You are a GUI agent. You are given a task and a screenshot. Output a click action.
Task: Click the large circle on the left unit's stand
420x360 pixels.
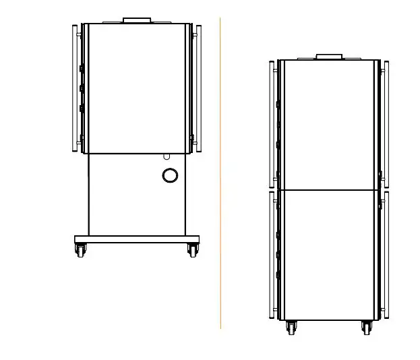pyautogui.click(x=171, y=175)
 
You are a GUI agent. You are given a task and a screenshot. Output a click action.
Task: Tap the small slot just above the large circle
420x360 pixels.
pyautogui.click(x=167, y=156)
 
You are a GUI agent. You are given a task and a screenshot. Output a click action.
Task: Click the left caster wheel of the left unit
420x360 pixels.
pyautogui.click(x=81, y=250)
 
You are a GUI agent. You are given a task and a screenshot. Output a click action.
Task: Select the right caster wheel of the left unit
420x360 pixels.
pyautogui.click(x=193, y=250)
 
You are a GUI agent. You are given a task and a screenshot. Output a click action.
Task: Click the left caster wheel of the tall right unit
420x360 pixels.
pyautogui.click(x=292, y=328)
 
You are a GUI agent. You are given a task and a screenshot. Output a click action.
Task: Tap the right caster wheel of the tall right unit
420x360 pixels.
pyautogui.click(x=367, y=328)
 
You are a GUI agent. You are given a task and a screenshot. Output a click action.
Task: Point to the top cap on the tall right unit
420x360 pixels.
pyautogui.click(x=330, y=56)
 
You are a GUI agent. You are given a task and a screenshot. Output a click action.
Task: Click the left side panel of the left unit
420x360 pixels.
pyautogui.click(x=75, y=88)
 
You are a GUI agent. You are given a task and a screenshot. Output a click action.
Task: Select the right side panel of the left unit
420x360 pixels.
pyautogui.click(x=198, y=88)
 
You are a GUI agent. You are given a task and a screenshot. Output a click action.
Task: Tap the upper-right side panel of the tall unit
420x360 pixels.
pyautogui.click(x=386, y=124)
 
